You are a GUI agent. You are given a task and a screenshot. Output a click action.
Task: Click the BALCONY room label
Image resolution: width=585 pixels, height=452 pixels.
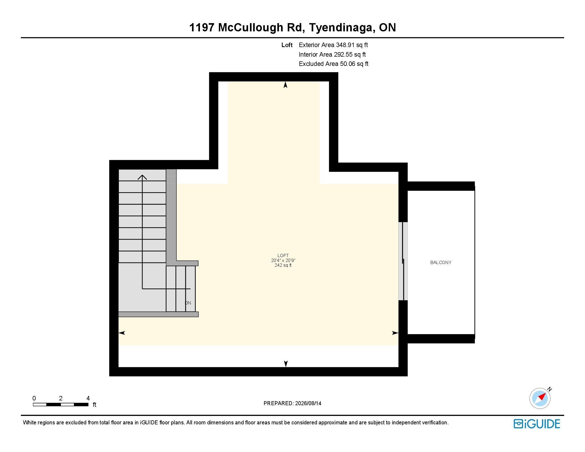click(x=441, y=262)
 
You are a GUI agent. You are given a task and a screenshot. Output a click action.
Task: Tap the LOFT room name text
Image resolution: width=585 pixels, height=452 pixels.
click(x=283, y=256)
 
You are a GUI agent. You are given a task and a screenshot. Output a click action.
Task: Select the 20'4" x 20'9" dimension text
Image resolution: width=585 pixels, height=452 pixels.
click(x=283, y=260)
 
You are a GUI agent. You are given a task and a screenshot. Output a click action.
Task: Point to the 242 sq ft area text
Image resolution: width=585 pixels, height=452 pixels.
click(x=283, y=265)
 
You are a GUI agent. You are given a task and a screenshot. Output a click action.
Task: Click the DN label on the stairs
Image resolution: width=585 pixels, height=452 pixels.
click(x=188, y=303)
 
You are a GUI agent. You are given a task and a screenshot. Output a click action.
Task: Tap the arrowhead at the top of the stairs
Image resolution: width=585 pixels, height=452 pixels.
click(x=142, y=177)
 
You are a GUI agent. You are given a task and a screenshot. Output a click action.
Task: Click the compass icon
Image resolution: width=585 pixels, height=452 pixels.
click(x=540, y=398)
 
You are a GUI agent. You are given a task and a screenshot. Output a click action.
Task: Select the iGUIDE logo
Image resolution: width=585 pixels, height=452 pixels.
click(x=537, y=424)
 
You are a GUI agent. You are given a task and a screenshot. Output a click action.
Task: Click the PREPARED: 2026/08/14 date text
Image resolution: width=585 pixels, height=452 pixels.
click(x=292, y=403)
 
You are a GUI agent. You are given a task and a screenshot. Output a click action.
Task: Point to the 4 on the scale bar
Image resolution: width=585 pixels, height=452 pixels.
click(x=88, y=398)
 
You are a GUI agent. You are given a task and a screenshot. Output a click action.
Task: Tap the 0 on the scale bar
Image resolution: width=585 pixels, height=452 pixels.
click(x=34, y=398)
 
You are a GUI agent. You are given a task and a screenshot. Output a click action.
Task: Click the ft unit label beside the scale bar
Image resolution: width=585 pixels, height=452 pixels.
click(x=94, y=405)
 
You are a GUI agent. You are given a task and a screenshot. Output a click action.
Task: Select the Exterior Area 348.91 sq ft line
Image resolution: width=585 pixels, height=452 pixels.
click(x=333, y=45)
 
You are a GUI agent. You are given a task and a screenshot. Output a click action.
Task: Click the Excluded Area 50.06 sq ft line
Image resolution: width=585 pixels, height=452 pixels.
click(x=333, y=64)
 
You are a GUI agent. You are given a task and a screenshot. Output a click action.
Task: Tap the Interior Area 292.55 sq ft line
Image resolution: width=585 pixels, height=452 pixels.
click(x=332, y=54)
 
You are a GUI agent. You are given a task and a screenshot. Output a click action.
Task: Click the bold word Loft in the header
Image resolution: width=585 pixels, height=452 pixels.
click(x=287, y=45)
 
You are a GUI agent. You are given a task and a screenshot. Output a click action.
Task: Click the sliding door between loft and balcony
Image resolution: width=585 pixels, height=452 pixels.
click(x=403, y=261)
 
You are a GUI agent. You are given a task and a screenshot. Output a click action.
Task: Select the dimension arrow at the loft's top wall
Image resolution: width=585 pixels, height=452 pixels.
click(x=286, y=85)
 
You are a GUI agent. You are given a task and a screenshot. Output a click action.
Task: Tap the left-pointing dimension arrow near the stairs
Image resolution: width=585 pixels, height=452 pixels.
click(x=122, y=333)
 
